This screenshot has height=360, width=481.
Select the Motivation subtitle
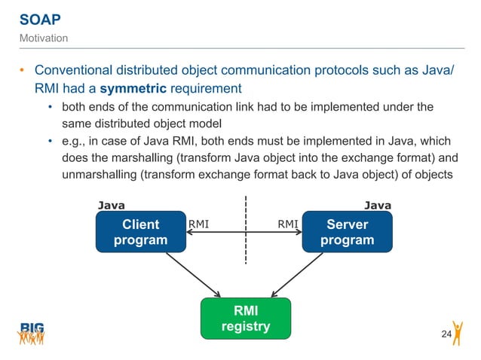[x=43, y=38]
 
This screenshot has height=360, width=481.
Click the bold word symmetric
[x=132, y=88]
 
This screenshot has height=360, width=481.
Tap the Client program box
[x=140, y=232]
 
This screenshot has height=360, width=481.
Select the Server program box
[x=347, y=232]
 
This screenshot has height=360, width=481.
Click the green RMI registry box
[x=244, y=319]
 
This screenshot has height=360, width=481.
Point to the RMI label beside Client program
[x=198, y=223]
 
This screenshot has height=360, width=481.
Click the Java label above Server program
[x=378, y=204]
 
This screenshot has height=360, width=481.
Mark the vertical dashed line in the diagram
[x=245, y=230]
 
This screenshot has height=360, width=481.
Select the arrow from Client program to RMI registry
[x=193, y=274]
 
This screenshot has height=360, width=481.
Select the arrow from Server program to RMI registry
[x=297, y=274]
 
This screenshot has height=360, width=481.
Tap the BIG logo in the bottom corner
[x=32, y=332]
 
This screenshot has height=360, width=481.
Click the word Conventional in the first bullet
[x=77, y=70]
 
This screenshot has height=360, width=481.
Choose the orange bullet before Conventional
[x=22, y=71]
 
